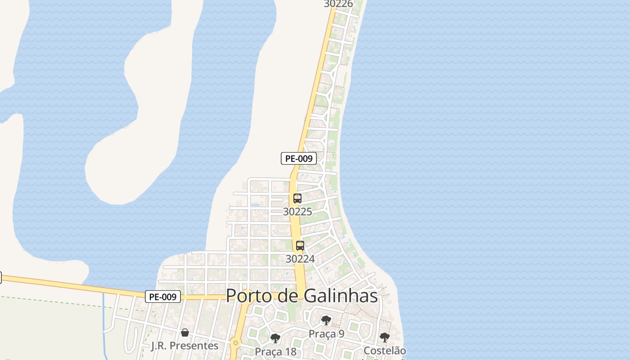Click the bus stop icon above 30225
(x=297, y=198)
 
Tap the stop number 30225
(x=297, y=211)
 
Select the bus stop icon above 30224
(x=300, y=246)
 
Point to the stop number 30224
(x=300, y=259)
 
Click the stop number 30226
(x=338, y=4)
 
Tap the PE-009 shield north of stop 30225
(x=299, y=158)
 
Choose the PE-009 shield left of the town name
(x=163, y=297)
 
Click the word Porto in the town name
(x=249, y=296)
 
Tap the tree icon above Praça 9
(x=326, y=320)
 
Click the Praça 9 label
(x=326, y=334)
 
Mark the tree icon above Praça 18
(x=275, y=338)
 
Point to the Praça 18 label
(x=275, y=351)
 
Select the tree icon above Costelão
(x=384, y=337)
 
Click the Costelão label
(x=384, y=351)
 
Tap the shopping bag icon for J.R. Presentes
(x=184, y=333)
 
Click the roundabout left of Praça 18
(x=235, y=344)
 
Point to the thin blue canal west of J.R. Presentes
(x=104, y=324)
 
